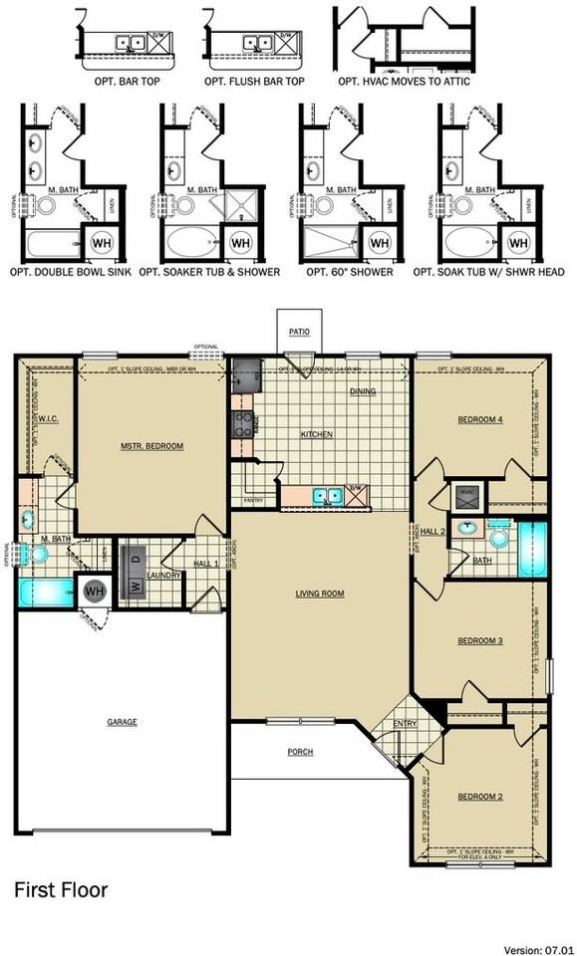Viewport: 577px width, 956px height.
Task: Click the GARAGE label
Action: (123, 721)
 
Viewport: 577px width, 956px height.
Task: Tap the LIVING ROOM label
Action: (319, 594)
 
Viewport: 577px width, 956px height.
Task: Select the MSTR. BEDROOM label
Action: (152, 446)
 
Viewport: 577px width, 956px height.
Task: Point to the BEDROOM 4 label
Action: (479, 420)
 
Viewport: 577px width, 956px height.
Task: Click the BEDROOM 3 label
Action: (479, 640)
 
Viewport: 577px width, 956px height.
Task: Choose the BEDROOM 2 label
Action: (479, 797)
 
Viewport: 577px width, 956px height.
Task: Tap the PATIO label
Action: (299, 333)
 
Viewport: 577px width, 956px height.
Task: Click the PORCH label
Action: (300, 751)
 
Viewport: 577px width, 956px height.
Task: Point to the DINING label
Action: (363, 391)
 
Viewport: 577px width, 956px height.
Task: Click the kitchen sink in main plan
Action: (325, 494)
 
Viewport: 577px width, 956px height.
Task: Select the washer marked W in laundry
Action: (134, 586)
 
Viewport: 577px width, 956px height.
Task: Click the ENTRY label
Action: (405, 724)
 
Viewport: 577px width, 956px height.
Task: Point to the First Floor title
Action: (60, 889)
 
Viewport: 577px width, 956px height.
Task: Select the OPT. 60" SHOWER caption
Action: (349, 272)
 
